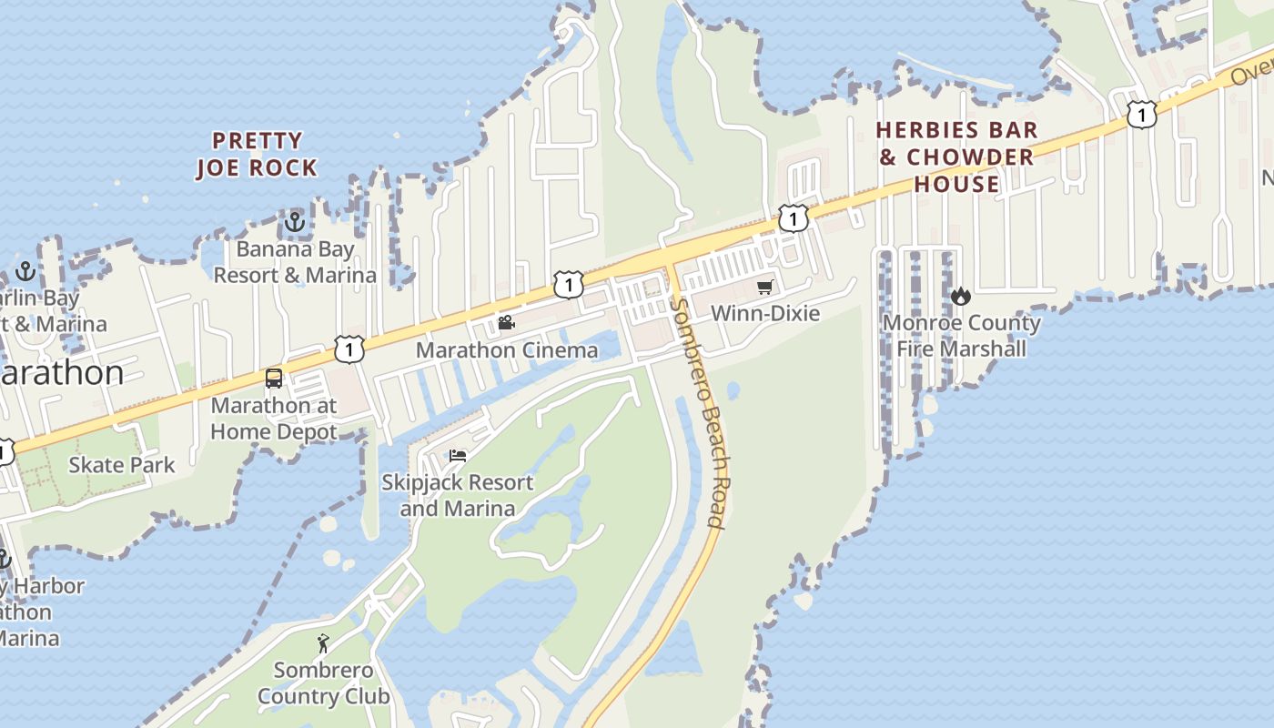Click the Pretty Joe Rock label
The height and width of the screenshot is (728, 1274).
(x=257, y=155)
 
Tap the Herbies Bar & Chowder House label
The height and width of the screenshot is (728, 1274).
(x=956, y=157)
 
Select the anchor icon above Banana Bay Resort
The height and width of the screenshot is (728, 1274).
(x=294, y=221)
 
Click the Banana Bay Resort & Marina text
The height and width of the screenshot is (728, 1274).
(x=295, y=262)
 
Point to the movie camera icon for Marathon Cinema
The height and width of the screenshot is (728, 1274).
(x=506, y=323)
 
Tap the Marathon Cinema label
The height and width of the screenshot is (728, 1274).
(x=507, y=350)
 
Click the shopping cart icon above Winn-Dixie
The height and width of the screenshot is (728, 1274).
(x=764, y=288)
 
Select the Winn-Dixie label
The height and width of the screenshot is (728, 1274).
(x=764, y=314)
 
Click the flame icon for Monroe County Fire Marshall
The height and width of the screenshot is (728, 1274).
(x=961, y=296)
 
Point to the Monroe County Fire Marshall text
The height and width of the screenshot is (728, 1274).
(x=962, y=336)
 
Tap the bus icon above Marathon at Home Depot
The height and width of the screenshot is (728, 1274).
(x=273, y=379)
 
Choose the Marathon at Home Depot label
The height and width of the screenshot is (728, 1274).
(x=274, y=419)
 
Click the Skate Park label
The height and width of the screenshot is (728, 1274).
(x=122, y=465)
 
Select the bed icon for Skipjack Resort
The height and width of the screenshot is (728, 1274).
(x=458, y=455)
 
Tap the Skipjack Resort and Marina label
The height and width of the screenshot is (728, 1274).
(x=457, y=495)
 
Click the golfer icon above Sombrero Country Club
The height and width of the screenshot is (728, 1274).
(x=323, y=643)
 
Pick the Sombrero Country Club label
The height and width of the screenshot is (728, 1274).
(x=323, y=683)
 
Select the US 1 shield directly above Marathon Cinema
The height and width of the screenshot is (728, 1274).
(x=568, y=285)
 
